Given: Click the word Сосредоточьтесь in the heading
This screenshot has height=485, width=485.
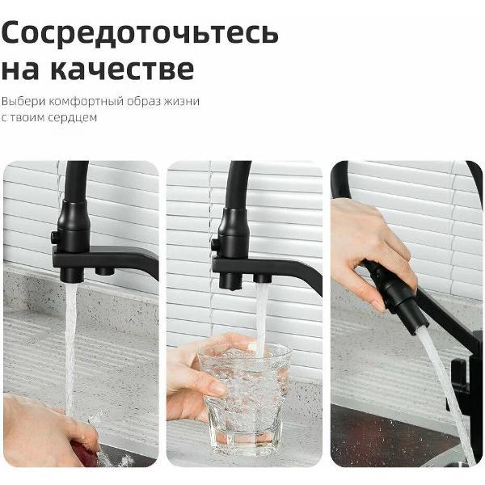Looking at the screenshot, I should pyautogui.click(x=140, y=32).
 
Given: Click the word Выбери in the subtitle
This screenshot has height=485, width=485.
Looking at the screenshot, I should pyautogui.click(x=19, y=103).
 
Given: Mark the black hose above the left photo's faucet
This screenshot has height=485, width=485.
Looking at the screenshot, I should pyautogui.click(x=76, y=178).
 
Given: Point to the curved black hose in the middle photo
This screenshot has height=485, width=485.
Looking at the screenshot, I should pyautogui.click(x=238, y=178).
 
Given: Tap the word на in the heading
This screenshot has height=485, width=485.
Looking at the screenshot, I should pyautogui.click(x=19, y=69).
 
